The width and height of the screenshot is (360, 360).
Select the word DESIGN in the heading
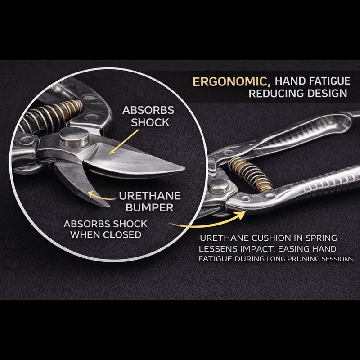pyautogui.click(x=327, y=94)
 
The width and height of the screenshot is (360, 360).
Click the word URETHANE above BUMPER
pyautogui.click(x=150, y=196)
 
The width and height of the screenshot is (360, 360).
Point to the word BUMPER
pyautogui.click(x=150, y=208)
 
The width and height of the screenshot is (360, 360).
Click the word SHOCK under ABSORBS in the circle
pyautogui.click(x=150, y=122)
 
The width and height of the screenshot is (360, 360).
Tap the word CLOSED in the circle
pyautogui.click(x=122, y=234)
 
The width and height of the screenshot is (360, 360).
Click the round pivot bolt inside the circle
pyautogui.click(x=74, y=137)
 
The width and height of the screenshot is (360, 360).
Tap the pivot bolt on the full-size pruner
pyautogui.click(x=219, y=186)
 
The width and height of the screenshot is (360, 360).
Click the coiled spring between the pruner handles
pyautogui.click(x=250, y=175)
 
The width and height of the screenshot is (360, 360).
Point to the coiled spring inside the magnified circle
pyautogui.click(x=50, y=116)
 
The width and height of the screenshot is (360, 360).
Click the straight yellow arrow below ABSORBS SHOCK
pyautogui.click(x=124, y=142)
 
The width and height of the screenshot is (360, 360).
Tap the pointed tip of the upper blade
pyautogui.click(x=184, y=169)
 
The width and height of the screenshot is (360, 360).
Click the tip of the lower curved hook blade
pyautogui.click(x=109, y=207)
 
